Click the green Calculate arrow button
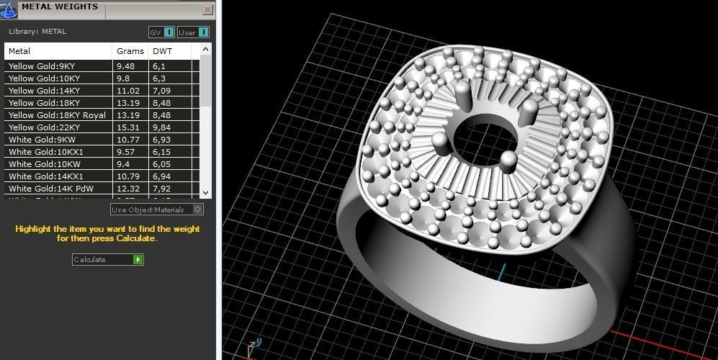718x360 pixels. tap(138, 259)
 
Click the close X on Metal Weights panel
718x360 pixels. tap(208, 9)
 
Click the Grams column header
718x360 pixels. tap(130, 51)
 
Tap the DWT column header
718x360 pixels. tap(162, 51)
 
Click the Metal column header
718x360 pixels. tap(19, 51)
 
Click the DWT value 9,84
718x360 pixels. tap(161, 127)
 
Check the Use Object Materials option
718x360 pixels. tap(198, 210)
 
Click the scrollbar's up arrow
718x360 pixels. tap(206, 49)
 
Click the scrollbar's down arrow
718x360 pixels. tap(206, 192)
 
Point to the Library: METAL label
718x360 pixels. tap(37, 32)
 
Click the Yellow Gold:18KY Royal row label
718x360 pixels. tap(57, 115)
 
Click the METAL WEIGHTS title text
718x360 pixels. tap(60, 7)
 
